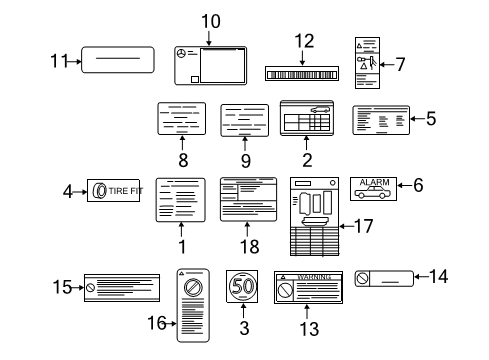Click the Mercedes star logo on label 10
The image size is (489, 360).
coord(181,53)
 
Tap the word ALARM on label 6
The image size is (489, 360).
coord(374,182)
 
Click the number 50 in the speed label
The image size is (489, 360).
coord(242,286)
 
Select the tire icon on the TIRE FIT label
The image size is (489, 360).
coord(99,191)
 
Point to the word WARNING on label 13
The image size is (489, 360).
coord(314,277)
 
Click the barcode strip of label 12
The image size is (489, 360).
coord(302,75)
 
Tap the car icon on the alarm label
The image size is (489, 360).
coord(372,192)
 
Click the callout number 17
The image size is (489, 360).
coord(364,226)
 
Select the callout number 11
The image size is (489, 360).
coord(59,61)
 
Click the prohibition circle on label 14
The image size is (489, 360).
coord(362,278)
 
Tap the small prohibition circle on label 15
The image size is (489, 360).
coord(90,288)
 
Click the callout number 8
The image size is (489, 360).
coord(183,160)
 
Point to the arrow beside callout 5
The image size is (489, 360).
coord(418,118)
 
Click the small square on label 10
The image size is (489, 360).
coord(195,79)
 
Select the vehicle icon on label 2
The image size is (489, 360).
coord(320,109)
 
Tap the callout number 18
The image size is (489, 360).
coord(250,247)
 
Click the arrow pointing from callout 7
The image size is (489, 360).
coord(387,65)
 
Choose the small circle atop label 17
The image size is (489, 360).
coord(332,183)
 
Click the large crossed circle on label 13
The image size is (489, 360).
coord(285,290)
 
